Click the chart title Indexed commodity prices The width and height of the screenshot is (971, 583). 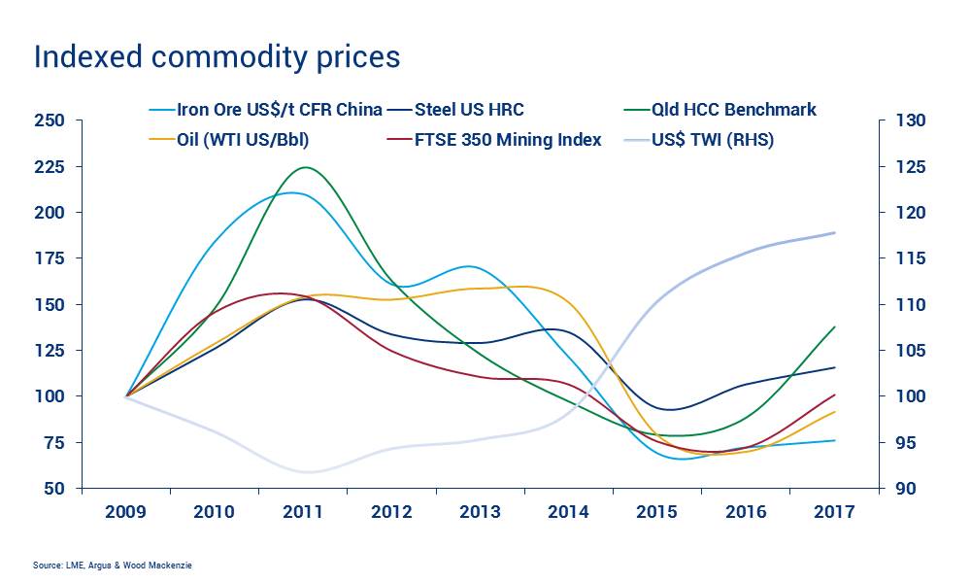(x=217, y=56)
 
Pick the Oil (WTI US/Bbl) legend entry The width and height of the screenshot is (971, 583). (x=243, y=140)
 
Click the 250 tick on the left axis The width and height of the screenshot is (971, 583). (x=50, y=120)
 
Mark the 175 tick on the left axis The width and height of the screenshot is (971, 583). (x=50, y=258)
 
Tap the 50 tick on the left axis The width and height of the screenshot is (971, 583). (x=54, y=489)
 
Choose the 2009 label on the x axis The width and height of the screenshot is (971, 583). (x=126, y=512)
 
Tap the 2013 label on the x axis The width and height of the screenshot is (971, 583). (x=481, y=512)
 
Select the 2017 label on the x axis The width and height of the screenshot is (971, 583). (x=834, y=512)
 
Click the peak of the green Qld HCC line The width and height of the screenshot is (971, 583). (x=306, y=167)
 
